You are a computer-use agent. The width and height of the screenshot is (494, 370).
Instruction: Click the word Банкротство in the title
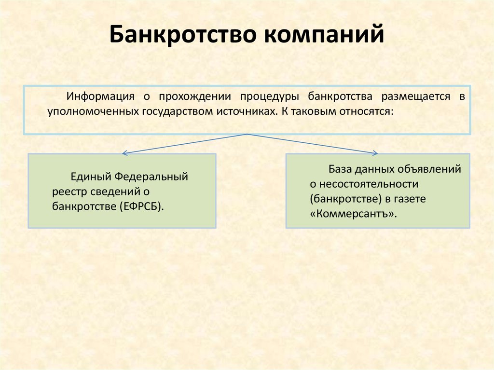(x=183, y=34)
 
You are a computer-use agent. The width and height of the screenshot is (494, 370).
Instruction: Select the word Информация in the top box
(x=100, y=96)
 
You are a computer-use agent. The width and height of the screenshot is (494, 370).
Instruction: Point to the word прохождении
(x=195, y=96)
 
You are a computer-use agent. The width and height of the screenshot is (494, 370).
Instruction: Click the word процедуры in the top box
(x=270, y=96)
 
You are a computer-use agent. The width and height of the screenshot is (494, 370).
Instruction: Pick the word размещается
(x=416, y=96)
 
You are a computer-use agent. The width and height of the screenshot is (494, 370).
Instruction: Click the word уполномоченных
(x=93, y=111)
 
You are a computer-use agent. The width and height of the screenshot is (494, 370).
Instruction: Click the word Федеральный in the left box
(x=151, y=177)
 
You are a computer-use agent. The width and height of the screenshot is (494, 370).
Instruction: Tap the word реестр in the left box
(x=69, y=192)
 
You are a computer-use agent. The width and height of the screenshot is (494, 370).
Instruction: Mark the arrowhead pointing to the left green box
(x=124, y=153)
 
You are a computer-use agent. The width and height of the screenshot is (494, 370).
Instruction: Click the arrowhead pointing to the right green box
(x=375, y=153)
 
